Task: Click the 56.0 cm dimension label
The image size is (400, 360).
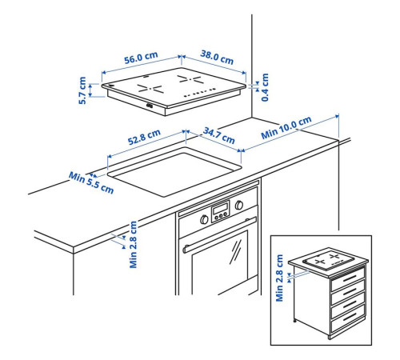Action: point(141,58)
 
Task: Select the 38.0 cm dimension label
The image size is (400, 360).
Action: point(217,57)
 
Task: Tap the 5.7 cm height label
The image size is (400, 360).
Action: point(82,90)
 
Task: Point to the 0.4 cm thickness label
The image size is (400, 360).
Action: point(265,87)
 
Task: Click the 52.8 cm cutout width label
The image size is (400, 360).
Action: point(144,137)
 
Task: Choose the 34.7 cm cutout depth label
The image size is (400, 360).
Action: point(219,135)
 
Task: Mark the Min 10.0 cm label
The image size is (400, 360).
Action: point(286,127)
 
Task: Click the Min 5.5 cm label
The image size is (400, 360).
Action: point(91,182)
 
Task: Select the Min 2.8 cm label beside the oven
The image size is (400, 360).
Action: point(133,244)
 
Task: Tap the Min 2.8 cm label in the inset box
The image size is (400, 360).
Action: point(279,278)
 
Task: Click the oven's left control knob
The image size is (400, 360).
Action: point(204,219)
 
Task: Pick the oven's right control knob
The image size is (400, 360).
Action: point(239,205)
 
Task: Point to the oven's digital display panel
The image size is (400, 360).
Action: point(220,210)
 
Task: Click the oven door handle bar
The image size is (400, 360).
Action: point(219,235)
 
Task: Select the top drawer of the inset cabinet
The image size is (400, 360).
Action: point(348,279)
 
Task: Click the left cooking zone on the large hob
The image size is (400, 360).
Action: point(150,89)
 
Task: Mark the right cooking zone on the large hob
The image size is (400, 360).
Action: point(190,79)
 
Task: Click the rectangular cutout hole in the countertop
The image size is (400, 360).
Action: point(174,172)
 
